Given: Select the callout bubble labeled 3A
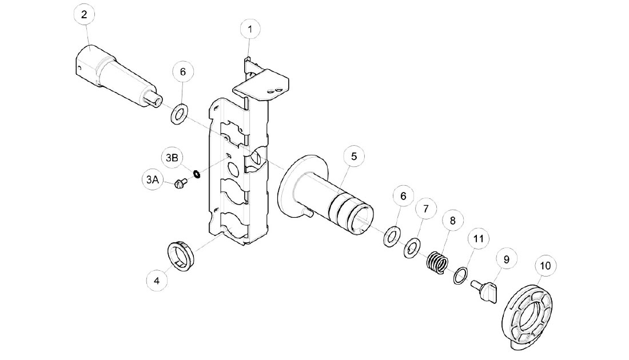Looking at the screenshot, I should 150,180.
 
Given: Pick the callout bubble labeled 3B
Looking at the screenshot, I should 172,157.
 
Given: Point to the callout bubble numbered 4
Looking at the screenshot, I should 156,280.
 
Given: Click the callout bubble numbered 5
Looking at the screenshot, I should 354,155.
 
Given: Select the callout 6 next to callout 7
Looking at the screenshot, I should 403,195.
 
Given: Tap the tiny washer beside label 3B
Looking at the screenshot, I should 196,174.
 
